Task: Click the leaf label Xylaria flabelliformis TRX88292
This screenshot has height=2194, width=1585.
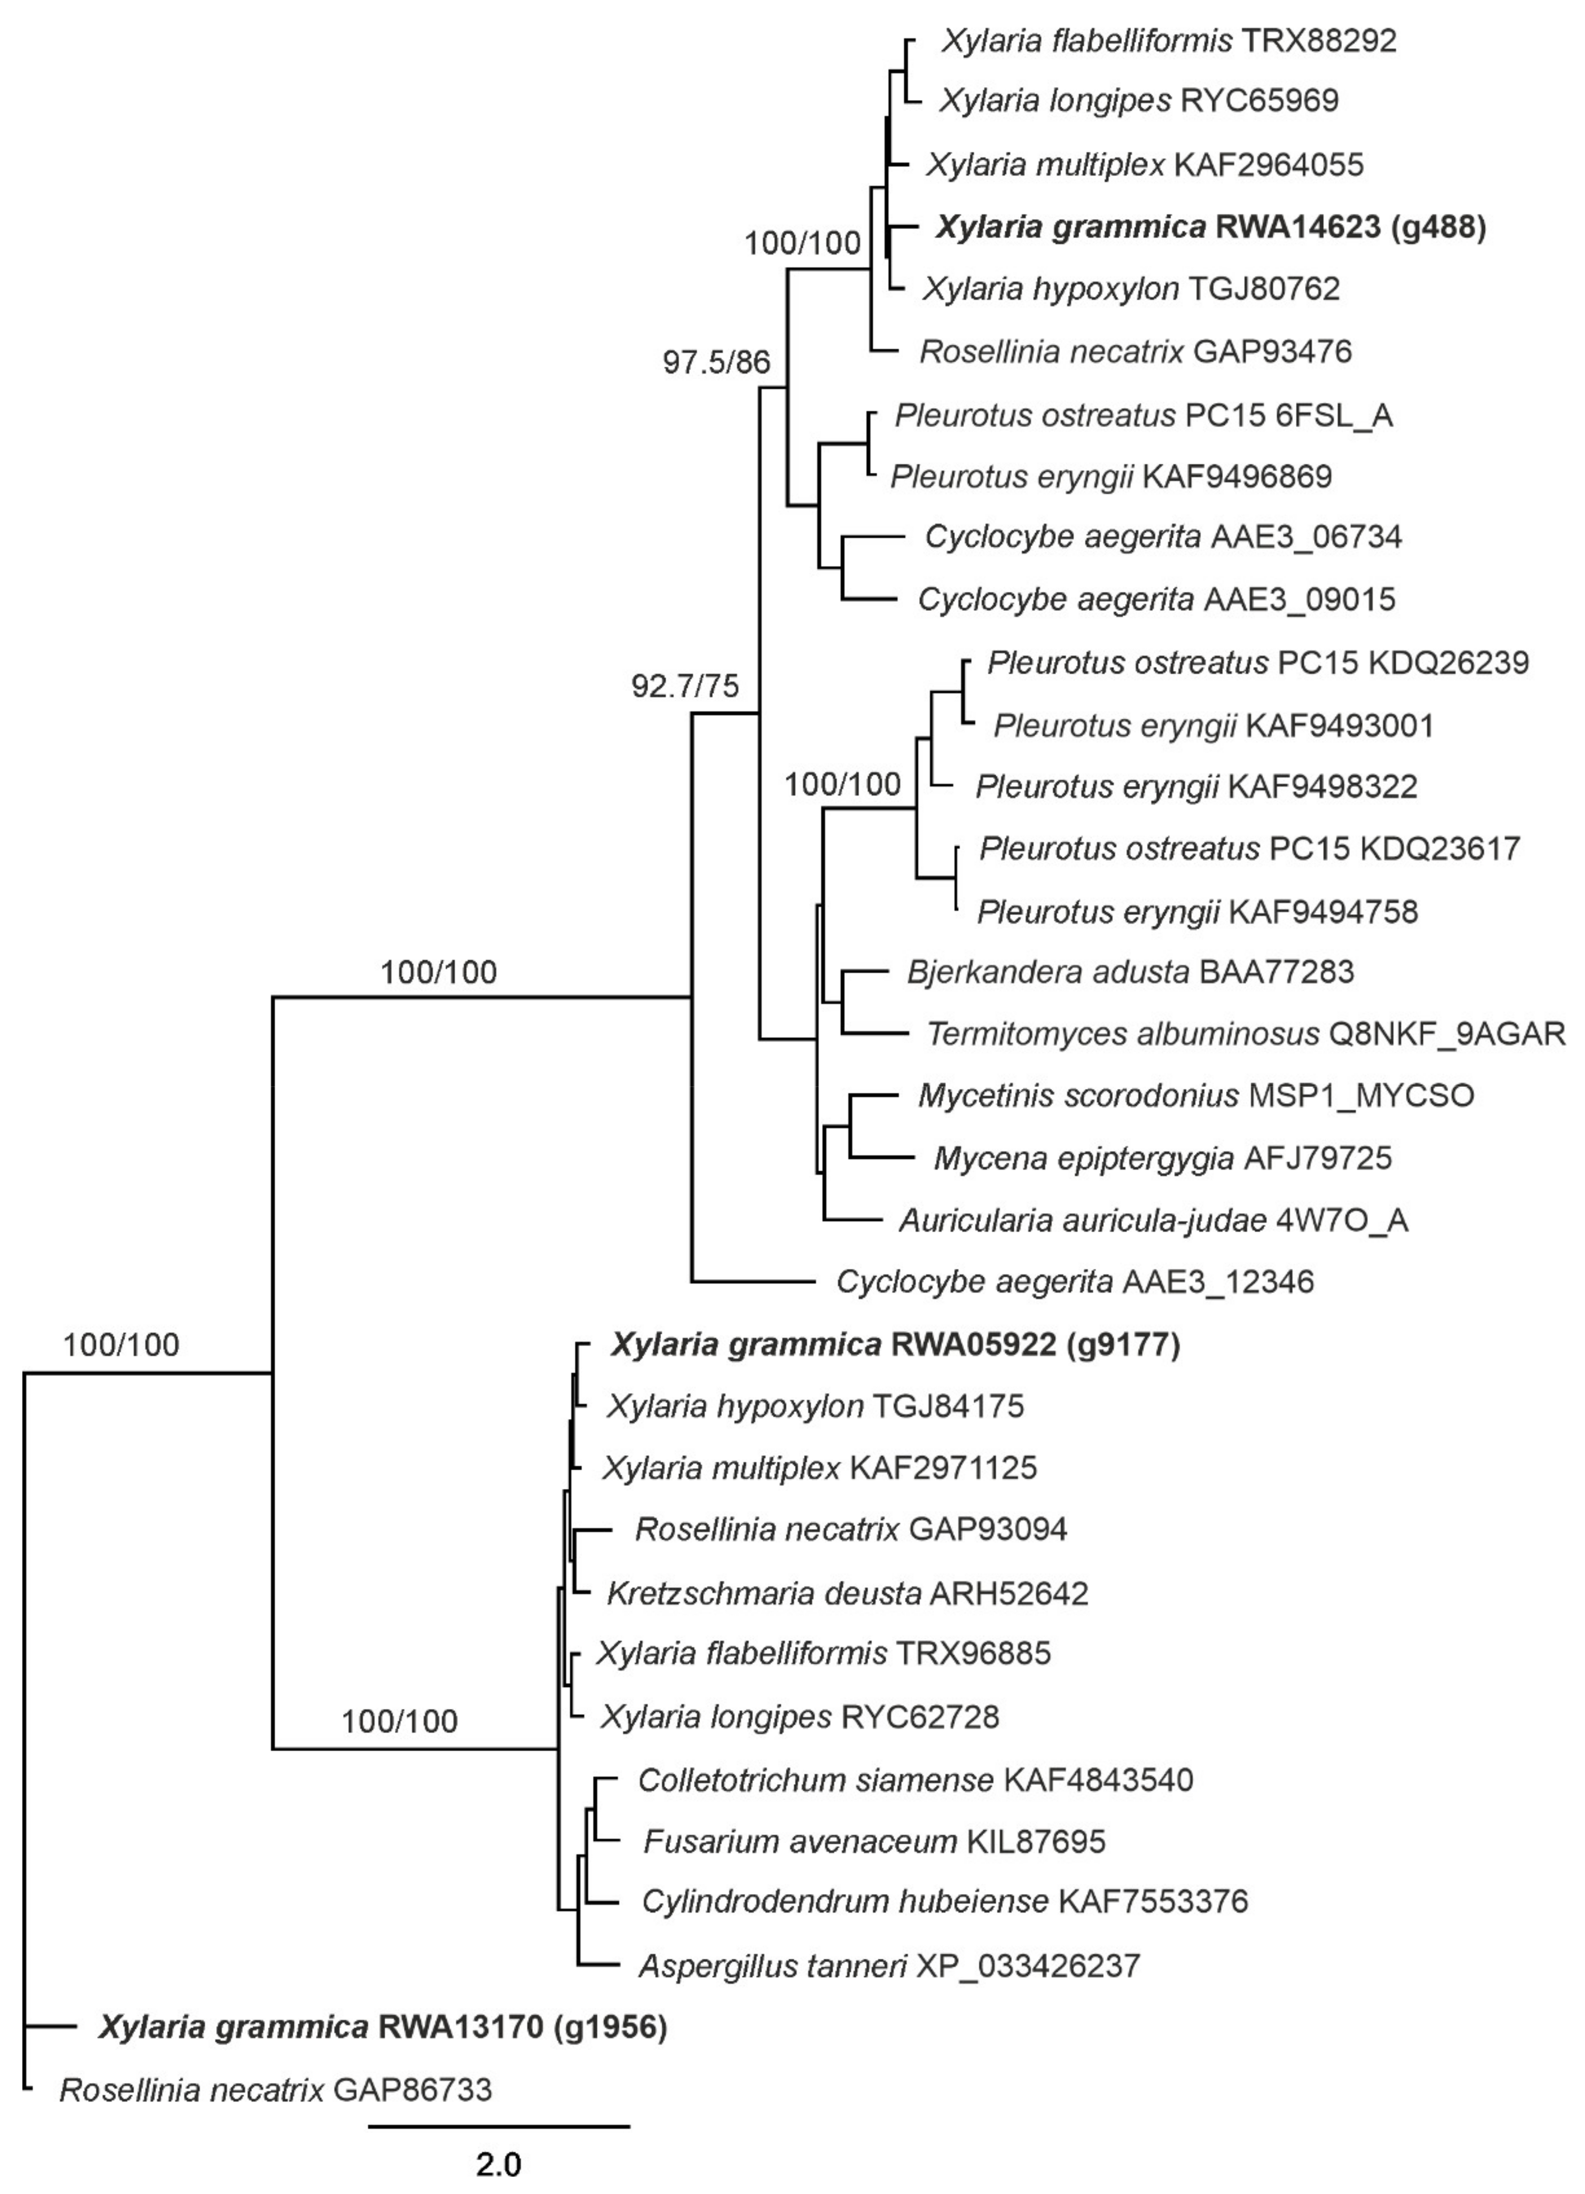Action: click(1168, 40)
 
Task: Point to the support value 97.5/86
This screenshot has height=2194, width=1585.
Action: click(716, 363)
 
